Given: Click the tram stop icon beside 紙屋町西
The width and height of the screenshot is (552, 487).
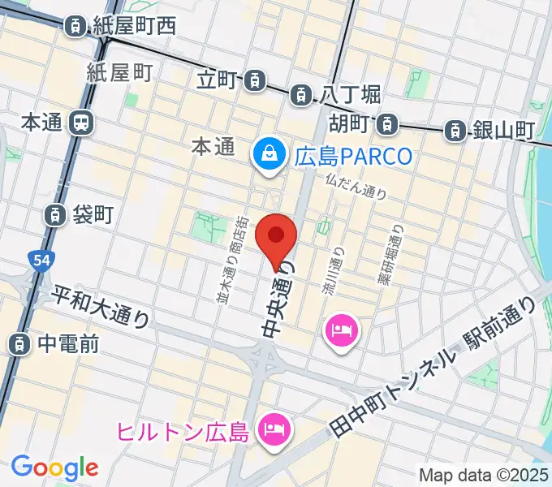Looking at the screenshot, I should click(x=75, y=25).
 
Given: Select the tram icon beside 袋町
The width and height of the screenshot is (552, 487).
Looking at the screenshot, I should click(x=54, y=214).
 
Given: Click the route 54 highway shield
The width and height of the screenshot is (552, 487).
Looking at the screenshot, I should click(x=38, y=260).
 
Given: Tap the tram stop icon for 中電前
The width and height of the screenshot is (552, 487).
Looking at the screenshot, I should click(x=18, y=344).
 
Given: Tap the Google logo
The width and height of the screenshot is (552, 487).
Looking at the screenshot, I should click(x=54, y=468).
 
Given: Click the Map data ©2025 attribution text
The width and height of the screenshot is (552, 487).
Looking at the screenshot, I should click(x=482, y=475).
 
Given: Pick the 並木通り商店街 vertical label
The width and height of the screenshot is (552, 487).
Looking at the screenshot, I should click(x=233, y=260).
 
